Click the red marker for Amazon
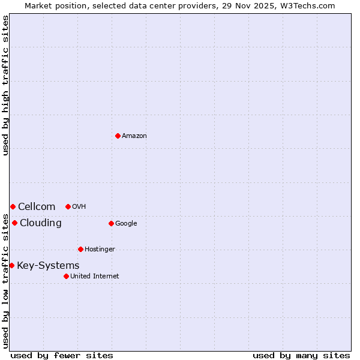pyautogui.click(x=118, y=136)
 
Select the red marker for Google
pyautogui.click(x=111, y=223)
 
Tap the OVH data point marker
pyautogui.click(x=68, y=206)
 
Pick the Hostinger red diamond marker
pyautogui.click(x=80, y=249)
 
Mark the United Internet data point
pyautogui.click(x=66, y=276)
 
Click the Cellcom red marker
pyautogui.click(x=13, y=206)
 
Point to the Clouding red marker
pyautogui.click(x=14, y=223)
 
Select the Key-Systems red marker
pyautogui.click(x=11, y=265)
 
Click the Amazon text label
pyautogui.click(x=134, y=136)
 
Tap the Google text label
pyautogui.click(x=126, y=223)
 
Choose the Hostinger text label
pyautogui.click(x=100, y=249)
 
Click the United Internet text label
pyautogui.click(x=94, y=276)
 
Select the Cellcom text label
pyautogui.click(x=37, y=206)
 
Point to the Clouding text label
pyautogui.click(x=41, y=223)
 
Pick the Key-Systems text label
pyautogui.click(x=48, y=265)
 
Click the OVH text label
pyautogui.click(x=79, y=206)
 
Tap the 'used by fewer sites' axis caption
pyautogui.click(x=62, y=355)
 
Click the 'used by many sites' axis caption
pyautogui.click(x=301, y=355)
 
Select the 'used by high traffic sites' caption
pyautogui.click(x=5, y=86)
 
